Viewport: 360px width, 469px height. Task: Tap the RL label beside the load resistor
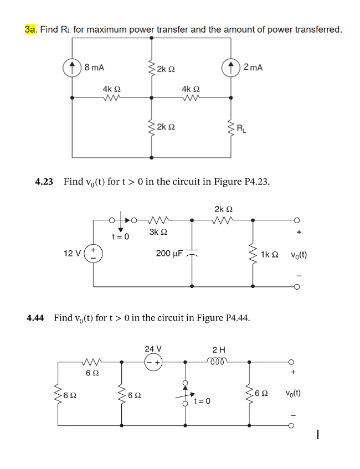242,130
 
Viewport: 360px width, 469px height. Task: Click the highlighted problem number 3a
30,29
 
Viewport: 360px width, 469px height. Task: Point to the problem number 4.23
44,182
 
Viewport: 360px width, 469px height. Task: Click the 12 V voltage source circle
93,254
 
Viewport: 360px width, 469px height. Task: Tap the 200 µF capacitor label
166,253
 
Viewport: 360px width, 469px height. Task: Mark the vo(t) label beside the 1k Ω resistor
302,255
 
